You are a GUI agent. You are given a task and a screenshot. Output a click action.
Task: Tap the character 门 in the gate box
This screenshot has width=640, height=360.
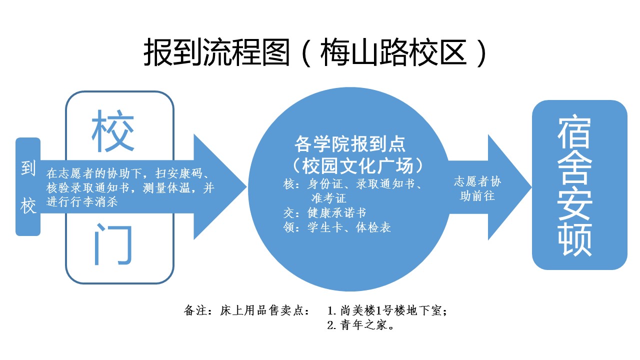pyautogui.click(x=113, y=245)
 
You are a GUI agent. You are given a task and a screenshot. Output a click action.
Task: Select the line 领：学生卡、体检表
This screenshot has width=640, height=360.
pyautogui.click(x=336, y=227)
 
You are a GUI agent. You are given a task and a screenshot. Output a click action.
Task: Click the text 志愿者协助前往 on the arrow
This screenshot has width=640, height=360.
pyautogui.click(x=477, y=188)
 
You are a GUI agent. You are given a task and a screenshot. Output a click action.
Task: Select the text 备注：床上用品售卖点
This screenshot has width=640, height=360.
pyautogui.click(x=247, y=310)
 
